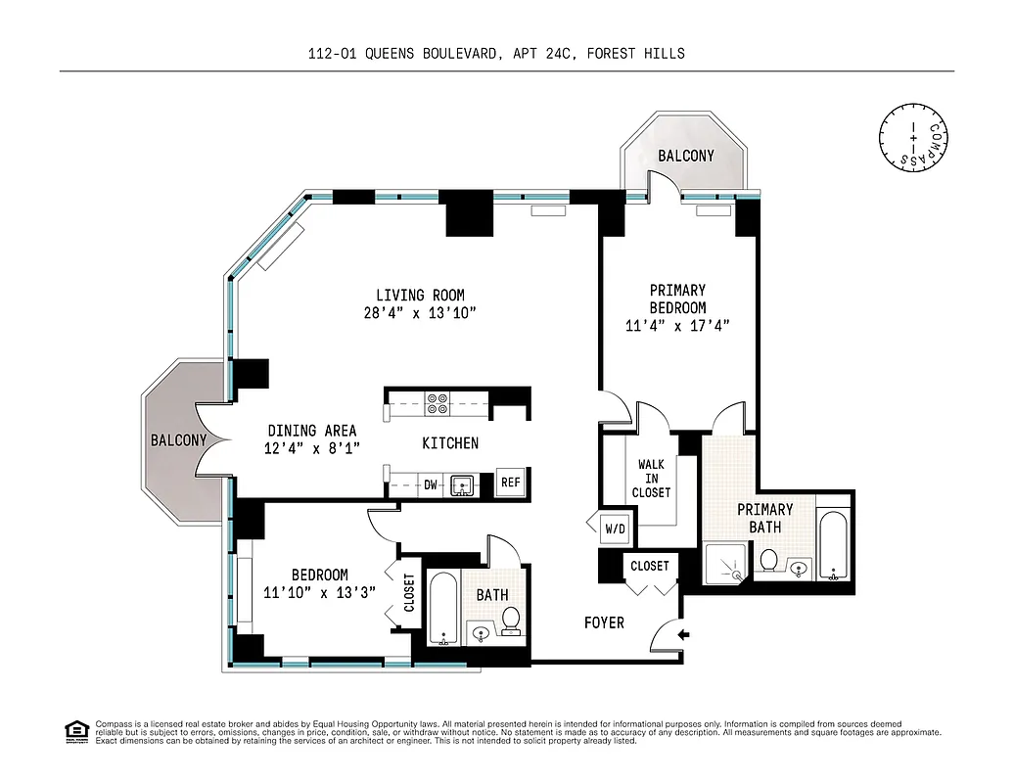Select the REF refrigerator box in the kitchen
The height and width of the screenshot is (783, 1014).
[510, 482]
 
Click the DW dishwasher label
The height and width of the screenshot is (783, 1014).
[431, 484]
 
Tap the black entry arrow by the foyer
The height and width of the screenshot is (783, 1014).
[683, 635]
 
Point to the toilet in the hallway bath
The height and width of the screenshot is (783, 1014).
[510, 619]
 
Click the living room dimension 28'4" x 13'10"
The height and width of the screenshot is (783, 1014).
[420, 313]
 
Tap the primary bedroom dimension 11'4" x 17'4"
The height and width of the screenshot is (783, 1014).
[677, 325]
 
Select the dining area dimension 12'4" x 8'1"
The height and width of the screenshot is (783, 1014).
[312, 448]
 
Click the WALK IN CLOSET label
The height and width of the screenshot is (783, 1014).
[651, 479]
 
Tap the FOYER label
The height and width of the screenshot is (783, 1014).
[604, 622]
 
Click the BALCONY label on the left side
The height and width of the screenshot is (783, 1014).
[178, 440]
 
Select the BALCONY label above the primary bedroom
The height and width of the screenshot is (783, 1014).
[685, 156]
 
